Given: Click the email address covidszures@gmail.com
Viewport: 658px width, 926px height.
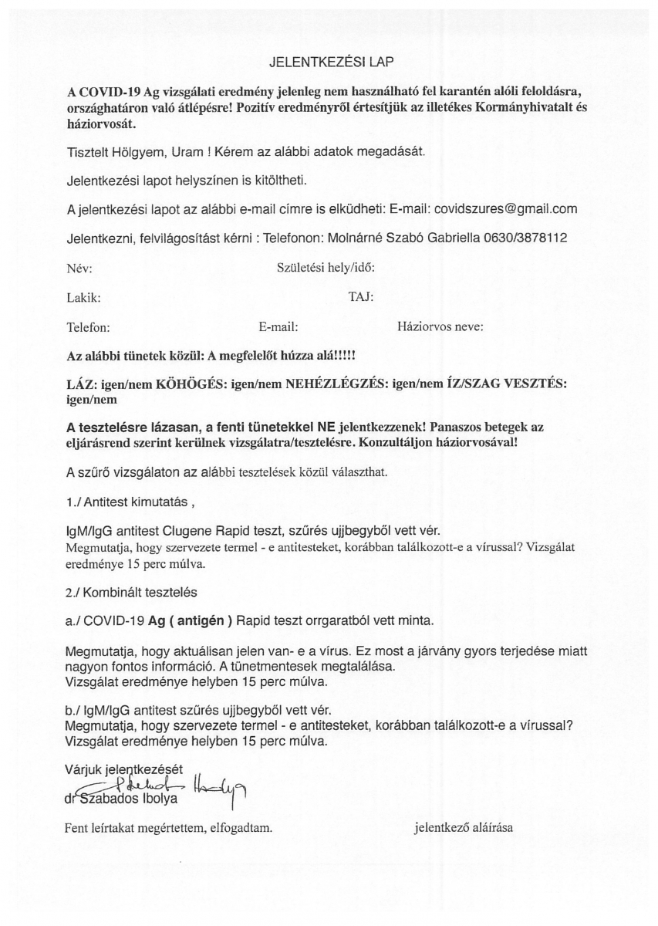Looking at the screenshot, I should (x=506, y=209).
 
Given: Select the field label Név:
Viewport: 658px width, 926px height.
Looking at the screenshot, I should (x=80, y=268).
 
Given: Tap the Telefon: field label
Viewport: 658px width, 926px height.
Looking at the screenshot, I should (x=89, y=327).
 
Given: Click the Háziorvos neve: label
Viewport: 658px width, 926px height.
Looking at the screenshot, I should (x=440, y=326).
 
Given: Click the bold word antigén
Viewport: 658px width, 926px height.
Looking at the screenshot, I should (x=201, y=621).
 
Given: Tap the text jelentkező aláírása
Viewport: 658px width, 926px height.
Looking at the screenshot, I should (x=464, y=829).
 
